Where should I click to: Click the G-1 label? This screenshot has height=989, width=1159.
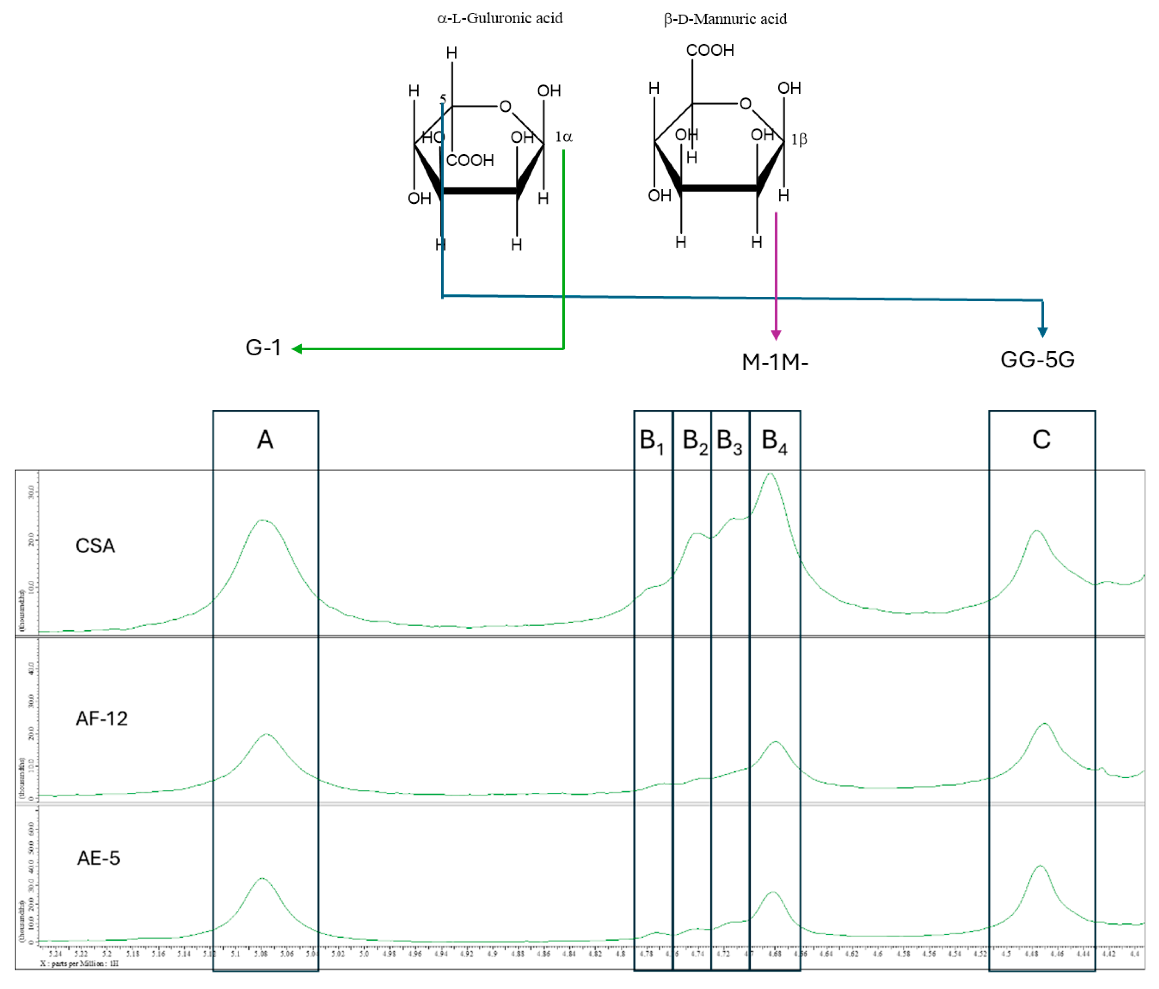click(x=263, y=348)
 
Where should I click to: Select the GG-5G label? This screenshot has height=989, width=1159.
click(x=1037, y=359)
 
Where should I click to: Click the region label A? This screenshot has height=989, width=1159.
click(x=265, y=440)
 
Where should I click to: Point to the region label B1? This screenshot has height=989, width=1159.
click(x=652, y=441)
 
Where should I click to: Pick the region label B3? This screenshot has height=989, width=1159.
click(x=730, y=441)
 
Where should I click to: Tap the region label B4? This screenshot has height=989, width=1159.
click(x=774, y=441)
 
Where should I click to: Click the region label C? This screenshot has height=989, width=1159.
click(x=1041, y=440)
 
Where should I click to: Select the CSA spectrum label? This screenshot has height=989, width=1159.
click(x=95, y=546)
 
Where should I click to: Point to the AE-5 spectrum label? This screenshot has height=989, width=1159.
click(x=99, y=858)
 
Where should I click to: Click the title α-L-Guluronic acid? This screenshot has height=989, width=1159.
click(x=500, y=18)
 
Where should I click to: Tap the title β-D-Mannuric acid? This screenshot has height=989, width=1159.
click(x=725, y=19)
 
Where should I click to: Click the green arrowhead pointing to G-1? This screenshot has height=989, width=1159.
click(x=297, y=349)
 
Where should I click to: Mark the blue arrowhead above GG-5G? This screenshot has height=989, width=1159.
click(x=1042, y=332)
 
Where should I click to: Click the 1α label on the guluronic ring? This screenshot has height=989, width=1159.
click(x=563, y=137)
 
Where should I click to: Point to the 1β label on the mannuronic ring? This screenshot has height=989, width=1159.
click(x=799, y=139)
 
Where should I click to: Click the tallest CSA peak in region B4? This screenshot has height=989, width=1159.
click(x=770, y=474)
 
